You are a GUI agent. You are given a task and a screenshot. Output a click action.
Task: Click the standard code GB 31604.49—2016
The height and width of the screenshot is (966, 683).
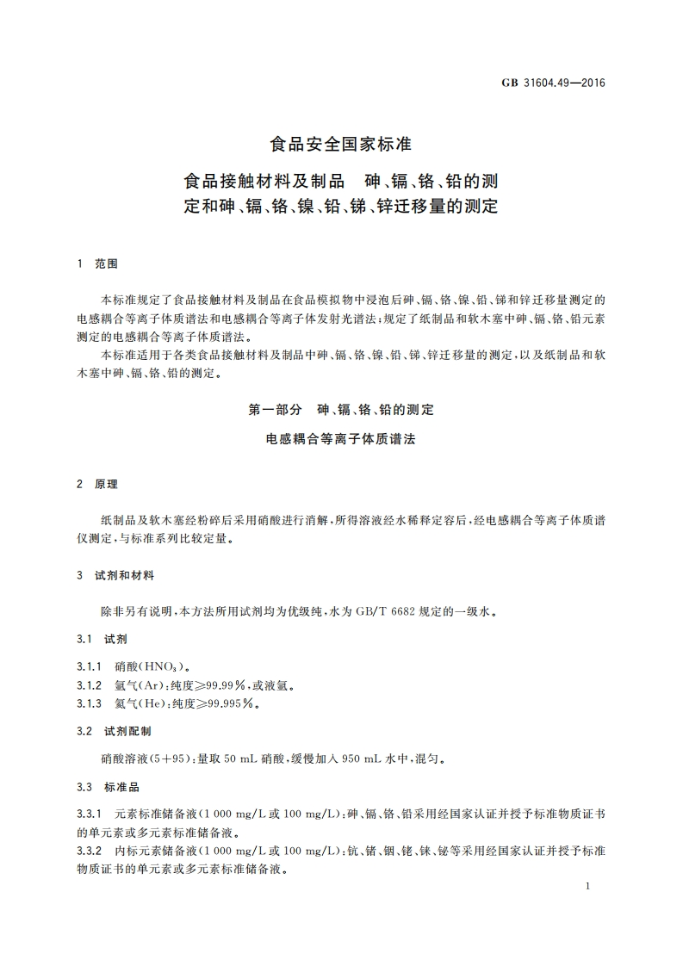[x=555, y=84]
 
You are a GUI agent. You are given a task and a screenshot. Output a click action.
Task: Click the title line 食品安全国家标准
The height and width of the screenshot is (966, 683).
[x=341, y=143]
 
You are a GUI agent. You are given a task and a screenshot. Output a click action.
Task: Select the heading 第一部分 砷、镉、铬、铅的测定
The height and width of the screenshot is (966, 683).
[x=341, y=411]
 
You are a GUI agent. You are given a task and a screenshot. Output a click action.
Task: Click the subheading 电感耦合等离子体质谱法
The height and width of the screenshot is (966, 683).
[x=341, y=439]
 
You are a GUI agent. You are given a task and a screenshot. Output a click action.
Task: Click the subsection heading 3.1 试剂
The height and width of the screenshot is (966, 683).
[x=96, y=640]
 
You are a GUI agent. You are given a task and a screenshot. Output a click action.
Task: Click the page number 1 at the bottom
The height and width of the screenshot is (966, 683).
[x=586, y=886]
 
